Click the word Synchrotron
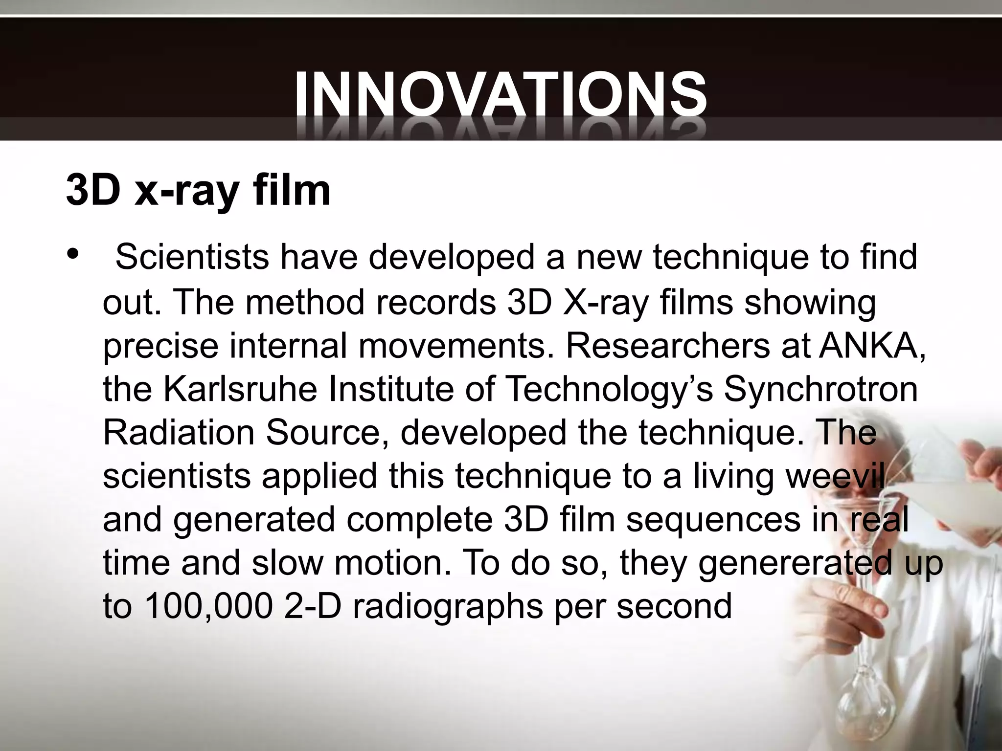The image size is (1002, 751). click(820, 389)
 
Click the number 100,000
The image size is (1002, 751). click(208, 607)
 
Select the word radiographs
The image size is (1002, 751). click(447, 607)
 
